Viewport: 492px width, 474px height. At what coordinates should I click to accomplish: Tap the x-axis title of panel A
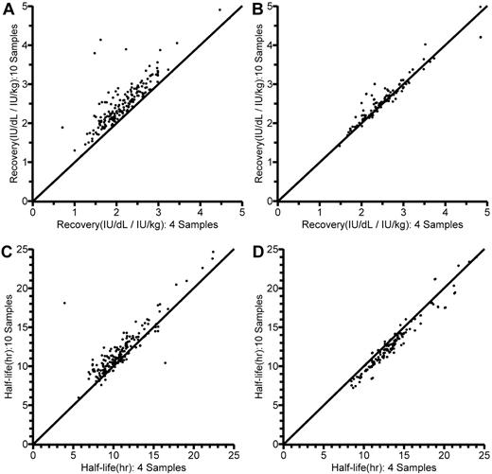(x=136, y=223)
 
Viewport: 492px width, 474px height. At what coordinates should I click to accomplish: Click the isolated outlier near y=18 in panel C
(x=64, y=303)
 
